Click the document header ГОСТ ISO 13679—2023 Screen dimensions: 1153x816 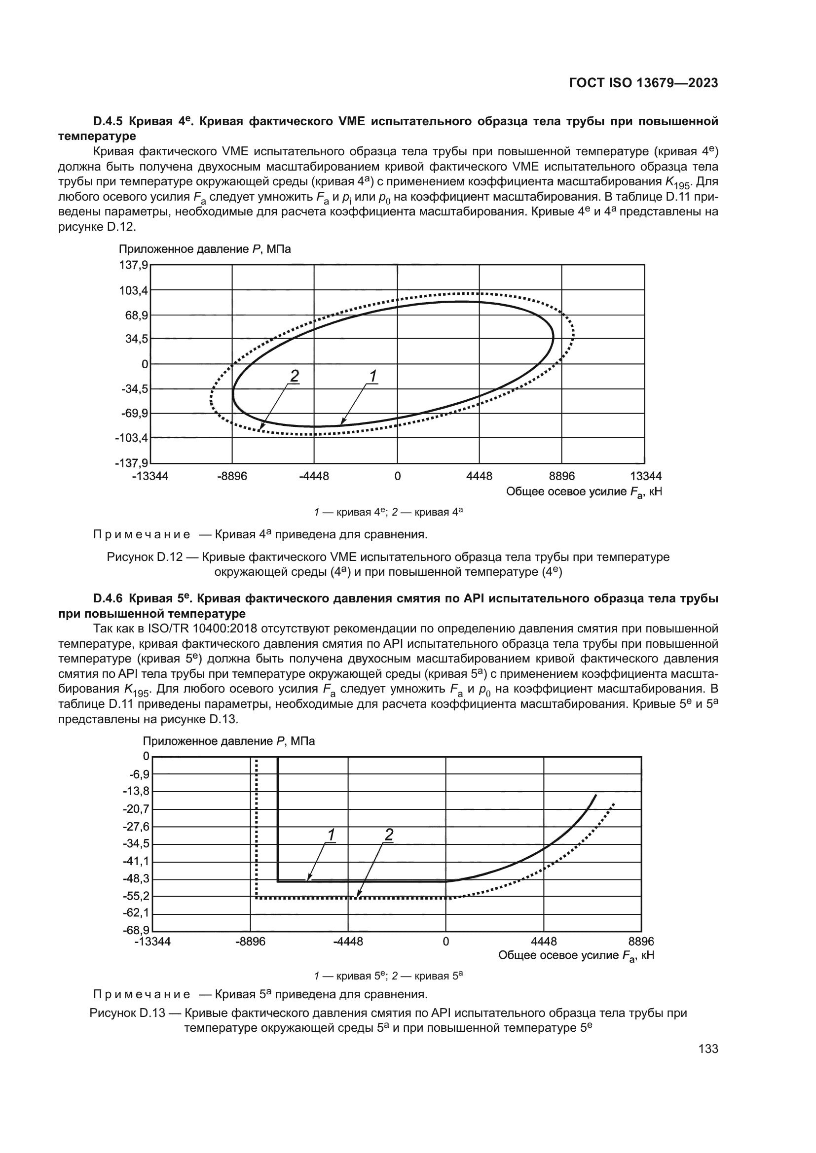[x=643, y=83]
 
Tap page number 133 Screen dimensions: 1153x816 [x=708, y=1048]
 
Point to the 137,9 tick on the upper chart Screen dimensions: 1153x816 [x=134, y=265]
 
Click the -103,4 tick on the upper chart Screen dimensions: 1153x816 [x=132, y=438]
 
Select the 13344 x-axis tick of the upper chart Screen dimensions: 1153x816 [x=646, y=476]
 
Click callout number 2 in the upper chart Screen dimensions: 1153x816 [x=294, y=376]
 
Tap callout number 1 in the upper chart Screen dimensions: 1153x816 [x=373, y=376]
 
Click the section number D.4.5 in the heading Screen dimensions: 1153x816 [x=109, y=121]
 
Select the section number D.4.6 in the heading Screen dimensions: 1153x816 [x=109, y=598]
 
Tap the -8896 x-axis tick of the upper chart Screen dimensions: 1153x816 [x=232, y=476]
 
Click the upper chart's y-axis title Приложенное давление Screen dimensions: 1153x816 [x=185, y=249]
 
